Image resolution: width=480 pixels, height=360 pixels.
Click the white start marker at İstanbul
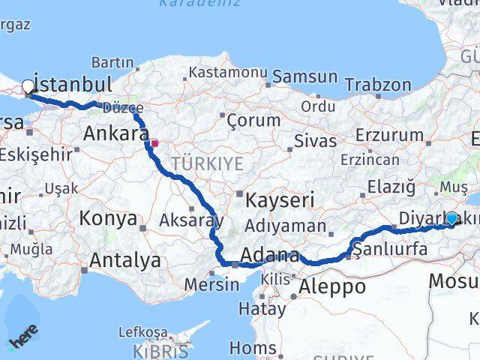28,86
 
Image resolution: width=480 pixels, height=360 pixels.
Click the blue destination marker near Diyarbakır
451,218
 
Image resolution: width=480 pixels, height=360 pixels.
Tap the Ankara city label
115,134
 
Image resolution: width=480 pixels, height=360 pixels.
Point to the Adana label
270,255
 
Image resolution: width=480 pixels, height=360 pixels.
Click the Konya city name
109,219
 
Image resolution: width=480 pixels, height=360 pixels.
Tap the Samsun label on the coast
305,76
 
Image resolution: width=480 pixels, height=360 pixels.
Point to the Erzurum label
390,135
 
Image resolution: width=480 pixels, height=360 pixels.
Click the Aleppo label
332,286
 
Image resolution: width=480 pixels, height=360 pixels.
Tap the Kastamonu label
228,73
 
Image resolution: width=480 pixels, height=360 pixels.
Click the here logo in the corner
22,339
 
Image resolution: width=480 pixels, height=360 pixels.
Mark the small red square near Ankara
154,142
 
